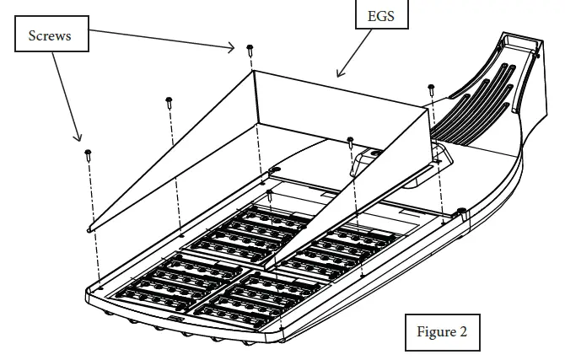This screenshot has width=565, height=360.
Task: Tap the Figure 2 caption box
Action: point(442,330)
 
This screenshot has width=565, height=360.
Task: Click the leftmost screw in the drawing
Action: point(88,154)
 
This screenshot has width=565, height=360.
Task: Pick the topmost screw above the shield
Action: point(250,50)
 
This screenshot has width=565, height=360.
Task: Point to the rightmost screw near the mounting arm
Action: point(431,89)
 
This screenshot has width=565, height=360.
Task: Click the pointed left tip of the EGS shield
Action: point(90,228)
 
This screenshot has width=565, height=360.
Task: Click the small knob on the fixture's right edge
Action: point(461,210)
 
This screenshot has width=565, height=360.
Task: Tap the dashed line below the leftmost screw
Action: point(93,219)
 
